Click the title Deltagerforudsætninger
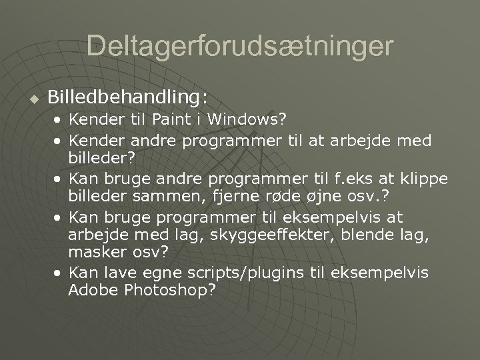240,46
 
